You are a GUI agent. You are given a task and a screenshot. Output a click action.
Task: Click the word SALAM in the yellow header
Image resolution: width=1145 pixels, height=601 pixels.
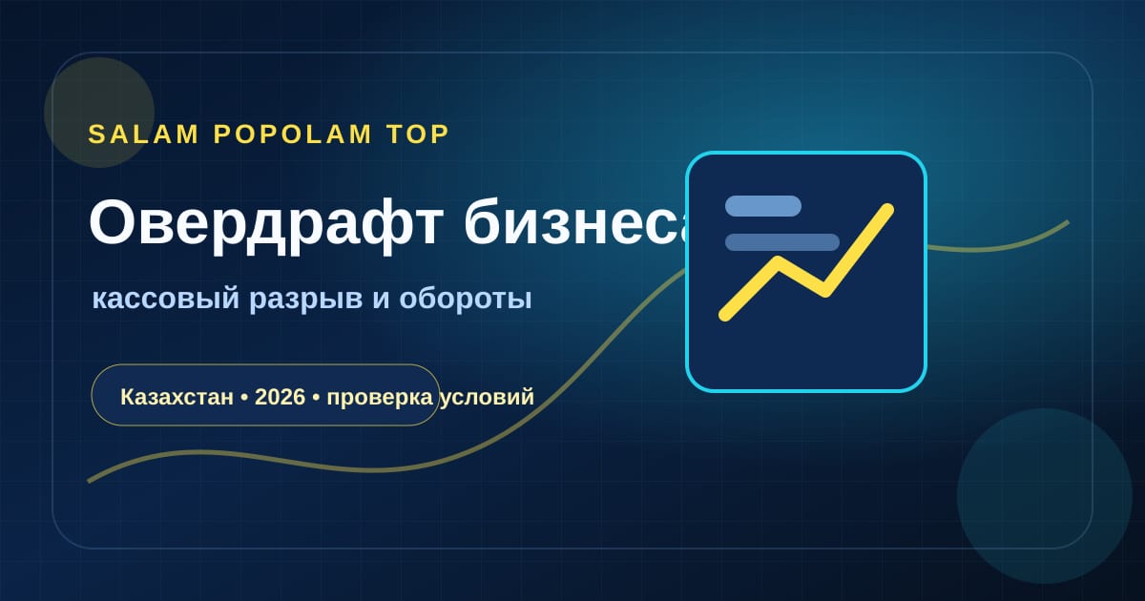click(143, 135)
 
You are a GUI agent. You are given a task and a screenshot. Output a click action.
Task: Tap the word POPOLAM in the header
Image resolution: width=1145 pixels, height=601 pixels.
click(292, 135)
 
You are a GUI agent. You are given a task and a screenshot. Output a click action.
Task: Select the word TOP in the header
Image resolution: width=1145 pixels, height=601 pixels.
click(418, 135)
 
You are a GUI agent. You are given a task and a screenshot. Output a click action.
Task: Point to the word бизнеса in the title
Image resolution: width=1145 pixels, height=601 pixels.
click(575, 222)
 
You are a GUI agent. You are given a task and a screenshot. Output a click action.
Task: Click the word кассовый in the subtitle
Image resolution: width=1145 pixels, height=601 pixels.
click(166, 299)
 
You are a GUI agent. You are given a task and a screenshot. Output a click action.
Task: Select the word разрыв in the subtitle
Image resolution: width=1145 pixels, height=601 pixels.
click(306, 300)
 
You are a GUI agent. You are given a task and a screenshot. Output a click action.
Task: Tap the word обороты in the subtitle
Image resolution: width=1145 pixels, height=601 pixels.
click(466, 299)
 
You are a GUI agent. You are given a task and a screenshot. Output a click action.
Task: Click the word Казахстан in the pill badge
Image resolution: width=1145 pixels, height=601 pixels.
click(177, 397)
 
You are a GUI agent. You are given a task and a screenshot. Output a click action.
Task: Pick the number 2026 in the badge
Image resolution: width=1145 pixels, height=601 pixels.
click(281, 397)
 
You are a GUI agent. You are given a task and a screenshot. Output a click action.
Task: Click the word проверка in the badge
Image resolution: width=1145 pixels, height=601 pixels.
click(380, 398)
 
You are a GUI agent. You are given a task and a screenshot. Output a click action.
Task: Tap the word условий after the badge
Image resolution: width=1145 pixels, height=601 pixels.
click(487, 398)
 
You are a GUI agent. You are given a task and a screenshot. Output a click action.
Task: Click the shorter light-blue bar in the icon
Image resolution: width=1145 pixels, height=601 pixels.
click(763, 206)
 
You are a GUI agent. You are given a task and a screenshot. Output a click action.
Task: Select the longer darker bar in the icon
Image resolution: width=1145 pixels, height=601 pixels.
click(782, 242)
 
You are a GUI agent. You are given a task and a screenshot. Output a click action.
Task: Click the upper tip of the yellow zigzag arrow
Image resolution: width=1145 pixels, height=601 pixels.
click(888, 209)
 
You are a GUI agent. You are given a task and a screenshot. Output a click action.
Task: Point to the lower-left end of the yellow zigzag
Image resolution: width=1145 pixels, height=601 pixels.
click(724, 316)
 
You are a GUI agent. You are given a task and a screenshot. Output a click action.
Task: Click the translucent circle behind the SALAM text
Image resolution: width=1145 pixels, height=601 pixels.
click(99, 113)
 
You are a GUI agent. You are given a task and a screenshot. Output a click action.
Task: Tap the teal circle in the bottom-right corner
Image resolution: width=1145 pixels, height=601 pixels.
click(1045, 496)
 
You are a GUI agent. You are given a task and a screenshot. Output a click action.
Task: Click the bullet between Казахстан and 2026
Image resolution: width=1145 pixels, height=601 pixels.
click(244, 398)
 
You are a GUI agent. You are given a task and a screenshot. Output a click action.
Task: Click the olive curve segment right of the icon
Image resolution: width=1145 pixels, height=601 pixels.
click(998, 245)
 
